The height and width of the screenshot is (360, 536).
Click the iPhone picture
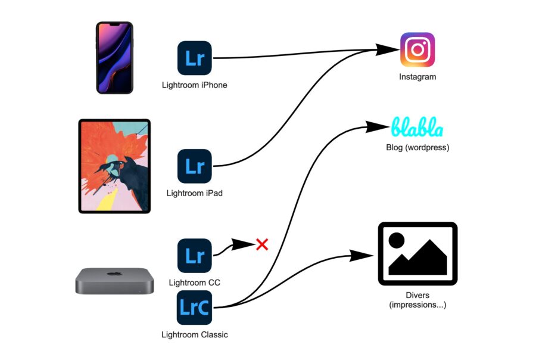click(x=114, y=57)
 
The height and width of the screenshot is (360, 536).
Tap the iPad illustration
click(x=114, y=166)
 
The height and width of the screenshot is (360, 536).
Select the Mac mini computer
click(x=114, y=281)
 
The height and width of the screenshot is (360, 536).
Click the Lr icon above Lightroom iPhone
click(x=195, y=58)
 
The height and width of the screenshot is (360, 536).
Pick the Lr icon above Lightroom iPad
click(x=195, y=166)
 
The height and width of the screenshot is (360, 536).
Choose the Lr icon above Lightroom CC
click(x=195, y=256)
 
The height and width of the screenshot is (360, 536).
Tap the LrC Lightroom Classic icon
click(x=194, y=308)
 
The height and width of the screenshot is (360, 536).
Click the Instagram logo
click(x=417, y=49)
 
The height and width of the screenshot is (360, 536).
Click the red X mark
click(x=262, y=244)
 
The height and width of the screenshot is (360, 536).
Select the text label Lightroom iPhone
click(x=195, y=85)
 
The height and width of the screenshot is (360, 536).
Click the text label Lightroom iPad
click(x=195, y=193)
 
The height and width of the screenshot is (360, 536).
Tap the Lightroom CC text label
click(x=195, y=283)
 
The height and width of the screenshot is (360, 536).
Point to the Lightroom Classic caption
click(x=195, y=335)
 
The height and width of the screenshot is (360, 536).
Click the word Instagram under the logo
click(x=417, y=77)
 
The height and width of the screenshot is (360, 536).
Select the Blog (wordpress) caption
click(x=417, y=147)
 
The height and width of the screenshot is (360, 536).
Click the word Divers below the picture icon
click(x=417, y=295)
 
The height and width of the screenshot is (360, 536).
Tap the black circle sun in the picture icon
click(x=397, y=240)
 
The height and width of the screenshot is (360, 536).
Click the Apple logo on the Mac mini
click(x=114, y=274)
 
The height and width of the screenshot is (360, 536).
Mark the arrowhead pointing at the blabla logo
click(x=378, y=127)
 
